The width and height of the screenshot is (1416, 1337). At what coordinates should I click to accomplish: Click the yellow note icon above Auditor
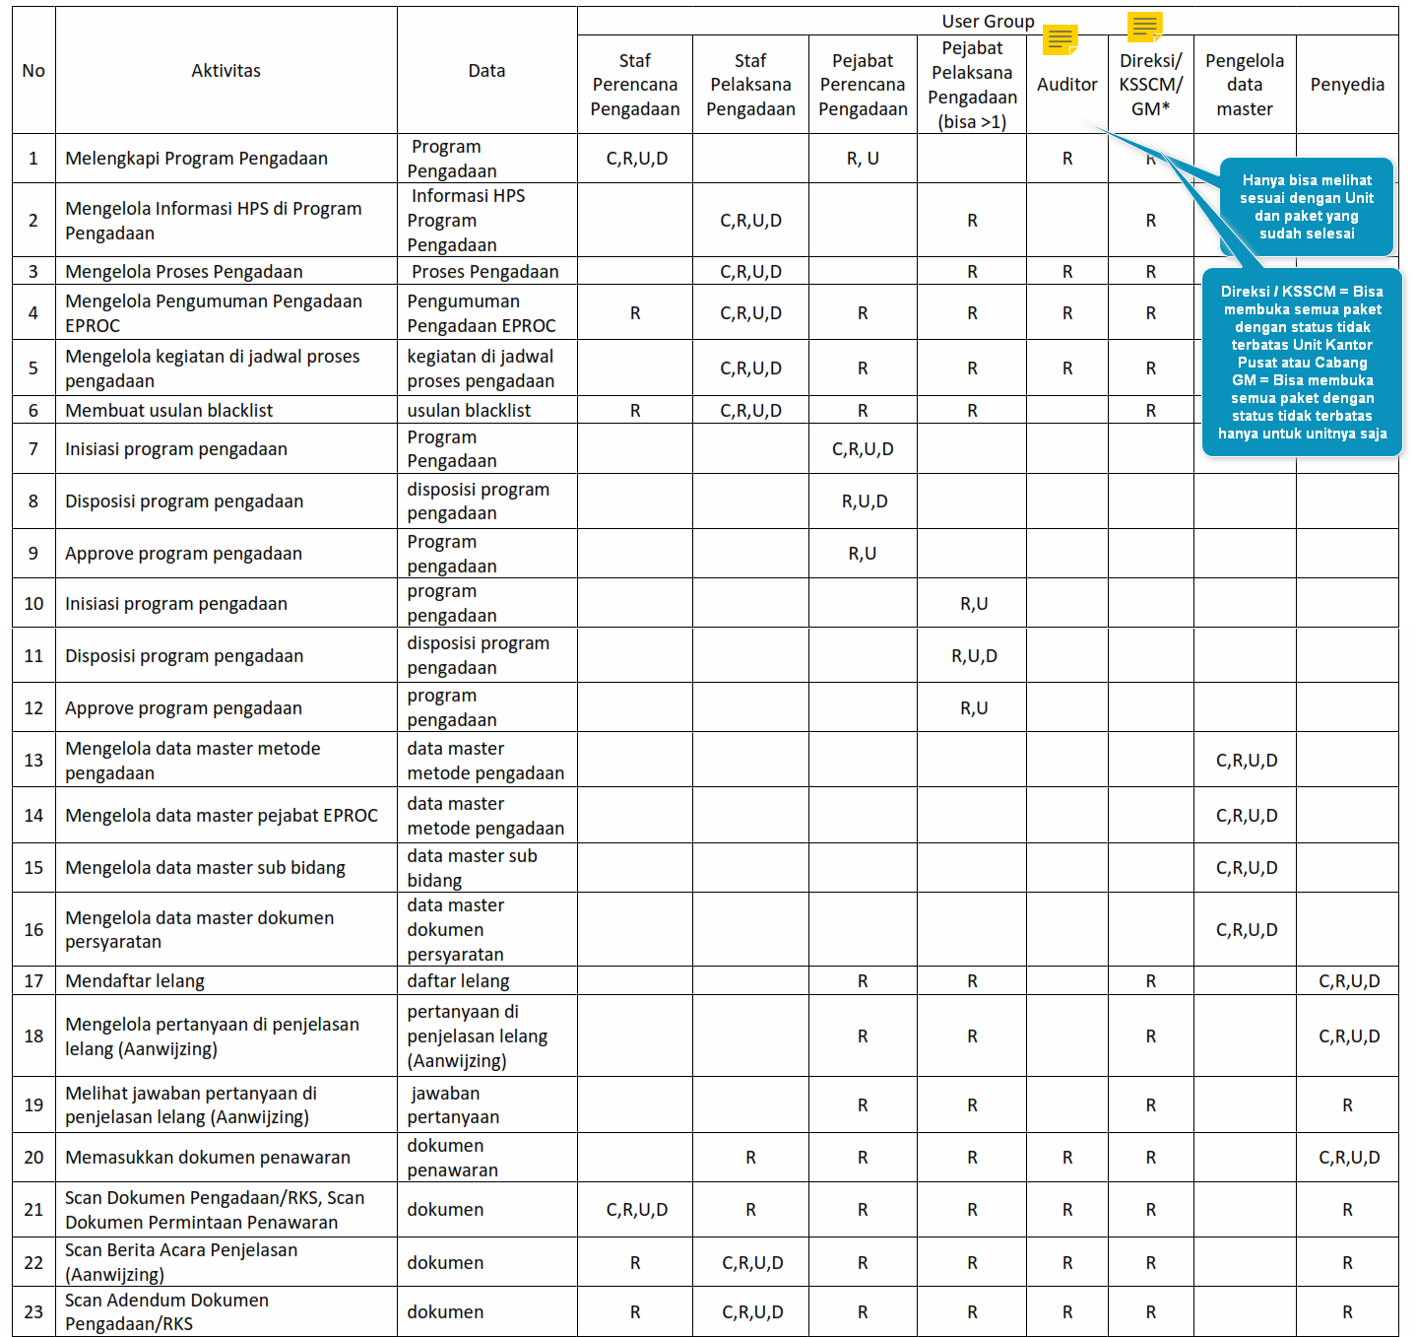pyautogui.click(x=1060, y=39)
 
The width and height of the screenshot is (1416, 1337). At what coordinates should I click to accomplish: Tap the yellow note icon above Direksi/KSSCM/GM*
pyautogui.click(x=1144, y=27)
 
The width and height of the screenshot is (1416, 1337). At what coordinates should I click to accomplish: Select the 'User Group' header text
pyautogui.click(x=988, y=22)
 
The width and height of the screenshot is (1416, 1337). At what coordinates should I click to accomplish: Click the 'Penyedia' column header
pyautogui.click(x=1347, y=85)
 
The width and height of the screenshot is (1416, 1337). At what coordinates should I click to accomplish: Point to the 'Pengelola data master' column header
pyautogui.click(x=1245, y=85)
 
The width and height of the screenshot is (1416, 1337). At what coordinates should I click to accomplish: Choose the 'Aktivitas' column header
pyautogui.click(x=225, y=71)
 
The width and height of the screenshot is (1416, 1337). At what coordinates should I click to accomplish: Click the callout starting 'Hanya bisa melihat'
pyautogui.click(x=1307, y=207)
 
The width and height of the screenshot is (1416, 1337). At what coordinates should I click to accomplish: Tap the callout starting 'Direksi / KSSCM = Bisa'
pyautogui.click(x=1302, y=363)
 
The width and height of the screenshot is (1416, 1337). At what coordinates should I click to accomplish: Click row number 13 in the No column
pyautogui.click(x=33, y=761)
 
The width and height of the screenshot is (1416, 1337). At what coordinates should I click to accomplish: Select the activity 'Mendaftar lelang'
pyautogui.click(x=135, y=981)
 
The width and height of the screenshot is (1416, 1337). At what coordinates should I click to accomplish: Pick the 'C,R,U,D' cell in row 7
pyautogui.click(x=863, y=449)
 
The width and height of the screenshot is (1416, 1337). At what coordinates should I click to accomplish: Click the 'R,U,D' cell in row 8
pyautogui.click(x=865, y=501)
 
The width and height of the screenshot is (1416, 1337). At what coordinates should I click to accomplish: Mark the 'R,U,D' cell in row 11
pyautogui.click(x=974, y=656)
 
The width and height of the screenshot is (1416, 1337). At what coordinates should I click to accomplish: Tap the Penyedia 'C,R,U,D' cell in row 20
pyautogui.click(x=1349, y=1158)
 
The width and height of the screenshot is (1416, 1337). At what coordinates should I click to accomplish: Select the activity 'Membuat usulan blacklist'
pyautogui.click(x=169, y=411)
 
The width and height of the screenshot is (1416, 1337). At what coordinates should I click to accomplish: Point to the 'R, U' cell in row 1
pyautogui.click(x=863, y=159)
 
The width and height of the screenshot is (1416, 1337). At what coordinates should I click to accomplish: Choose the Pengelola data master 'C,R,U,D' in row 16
pyautogui.click(x=1247, y=930)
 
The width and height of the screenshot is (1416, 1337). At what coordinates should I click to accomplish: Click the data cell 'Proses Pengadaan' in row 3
pyautogui.click(x=484, y=272)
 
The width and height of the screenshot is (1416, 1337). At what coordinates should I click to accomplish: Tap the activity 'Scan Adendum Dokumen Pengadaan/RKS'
pyautogui.click(x=166, y=1312)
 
